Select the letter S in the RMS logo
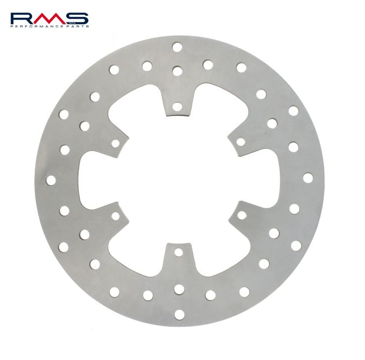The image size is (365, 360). tap(77, 19)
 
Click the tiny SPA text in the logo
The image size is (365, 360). tap(71, 23)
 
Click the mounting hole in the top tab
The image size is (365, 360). tap(177, 107)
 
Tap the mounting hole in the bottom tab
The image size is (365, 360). tap(179, 252)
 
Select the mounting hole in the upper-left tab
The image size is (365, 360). tap(116, 143)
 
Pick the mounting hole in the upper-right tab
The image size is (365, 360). tap(241, 142)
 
